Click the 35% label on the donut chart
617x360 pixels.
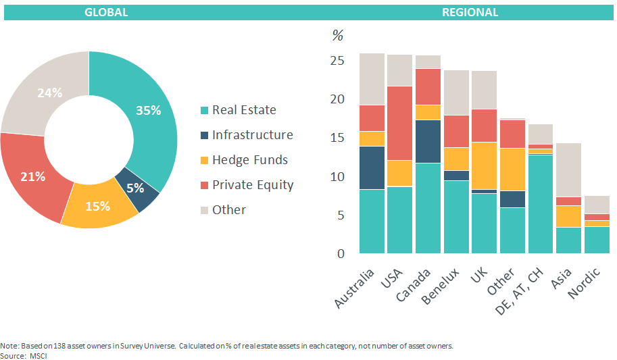(x=148, y=110)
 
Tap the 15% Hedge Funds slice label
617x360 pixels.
(x=97, y=206)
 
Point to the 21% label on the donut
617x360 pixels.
(x=32, y=176)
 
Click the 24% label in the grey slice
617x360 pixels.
(x=49, y=93)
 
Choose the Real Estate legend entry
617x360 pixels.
(x=244, y=110)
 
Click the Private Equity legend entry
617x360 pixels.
(x=253, y=184)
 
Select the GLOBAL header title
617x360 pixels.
(x=106, y=12)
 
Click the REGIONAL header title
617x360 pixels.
(x=470, y=12)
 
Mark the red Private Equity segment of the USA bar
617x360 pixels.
(x=399, y=123)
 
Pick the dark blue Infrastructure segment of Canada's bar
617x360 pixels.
(x=428, y=141)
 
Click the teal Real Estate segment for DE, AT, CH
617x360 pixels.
(x=540, y=203)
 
